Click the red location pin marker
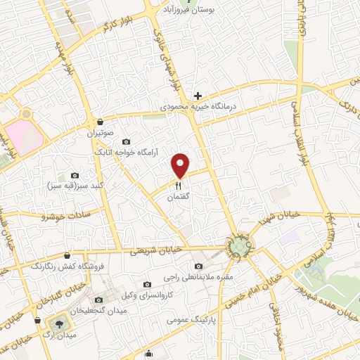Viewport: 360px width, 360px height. click(181, 165)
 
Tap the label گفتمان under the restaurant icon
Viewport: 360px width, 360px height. click(179, 198)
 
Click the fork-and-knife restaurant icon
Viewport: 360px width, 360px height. click(178, 185)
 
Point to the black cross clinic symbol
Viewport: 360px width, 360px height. click(198, 96)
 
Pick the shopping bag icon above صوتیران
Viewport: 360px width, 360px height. click(101, 121)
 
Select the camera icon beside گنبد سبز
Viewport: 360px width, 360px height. click(75, 175)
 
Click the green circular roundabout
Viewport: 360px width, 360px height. click(240, 245)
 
